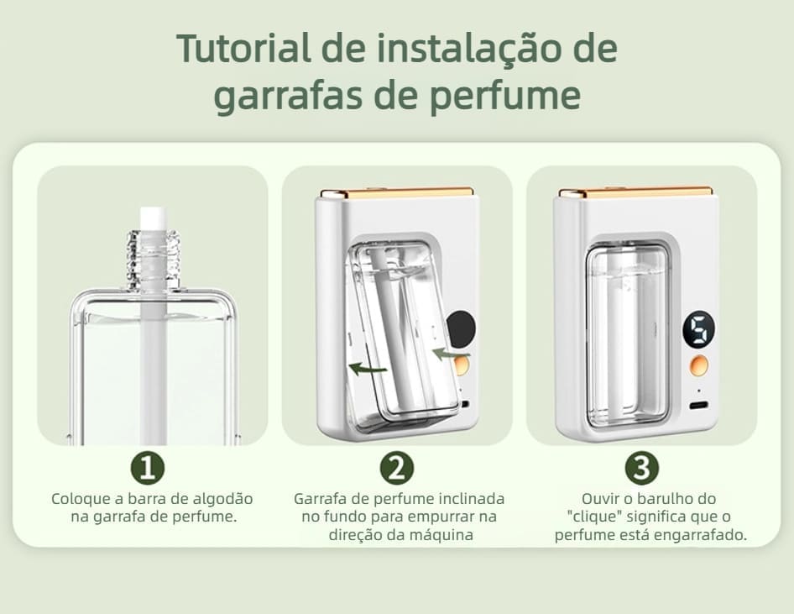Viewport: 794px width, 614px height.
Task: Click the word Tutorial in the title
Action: tap(243, 49)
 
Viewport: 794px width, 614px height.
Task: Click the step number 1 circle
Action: tap(148, 468)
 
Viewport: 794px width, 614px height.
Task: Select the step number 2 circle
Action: tap(396, 468)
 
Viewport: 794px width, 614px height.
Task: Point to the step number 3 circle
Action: tap(641, 468)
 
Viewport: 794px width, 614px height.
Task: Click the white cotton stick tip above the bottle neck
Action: tap(151, 218)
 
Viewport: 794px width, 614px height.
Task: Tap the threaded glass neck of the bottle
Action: tap(152, 260)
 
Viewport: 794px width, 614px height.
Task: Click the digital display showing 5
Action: tap(699, 328)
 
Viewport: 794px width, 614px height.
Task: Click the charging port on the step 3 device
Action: tap(699, 406)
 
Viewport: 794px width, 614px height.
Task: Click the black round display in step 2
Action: tap(462, 329)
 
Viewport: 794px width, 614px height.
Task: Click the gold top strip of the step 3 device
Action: tap(636, 192)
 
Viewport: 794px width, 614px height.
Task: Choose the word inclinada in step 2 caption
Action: tap(472, 499)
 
